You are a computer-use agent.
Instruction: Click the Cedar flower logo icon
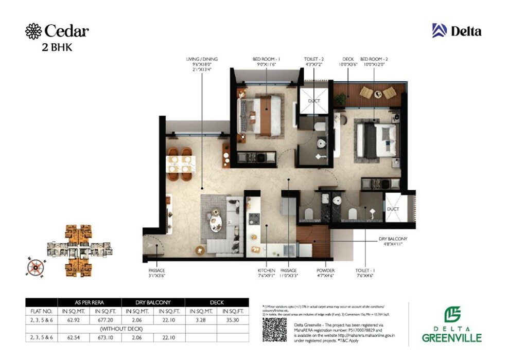[33, 31]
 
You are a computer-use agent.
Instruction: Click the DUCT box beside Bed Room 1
[313, 101]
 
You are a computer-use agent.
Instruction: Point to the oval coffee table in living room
[216, 222]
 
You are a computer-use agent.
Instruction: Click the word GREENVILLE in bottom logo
[451, 338]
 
